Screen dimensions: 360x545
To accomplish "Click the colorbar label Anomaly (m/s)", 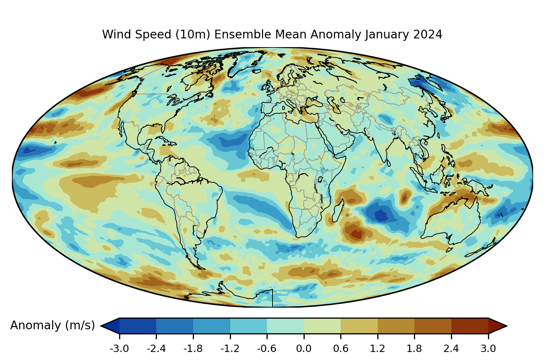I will pos(52,325).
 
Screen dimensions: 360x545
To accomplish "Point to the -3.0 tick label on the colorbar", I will pos(119,348).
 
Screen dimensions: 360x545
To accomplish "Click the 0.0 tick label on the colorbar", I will pos(304,348).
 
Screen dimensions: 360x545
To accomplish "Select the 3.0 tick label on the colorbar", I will pos(488,348).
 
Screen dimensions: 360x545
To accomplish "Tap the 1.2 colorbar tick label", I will pos(377,348).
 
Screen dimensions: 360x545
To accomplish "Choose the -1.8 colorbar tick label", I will pos(193,348).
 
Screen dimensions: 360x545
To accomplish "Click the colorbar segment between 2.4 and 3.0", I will pos(470,326).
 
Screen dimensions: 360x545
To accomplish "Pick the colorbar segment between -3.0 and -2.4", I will pos(138,326).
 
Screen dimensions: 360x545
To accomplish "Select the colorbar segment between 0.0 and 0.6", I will pos(322,326).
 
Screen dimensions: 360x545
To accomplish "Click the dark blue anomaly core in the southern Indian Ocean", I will pos(381,216).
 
